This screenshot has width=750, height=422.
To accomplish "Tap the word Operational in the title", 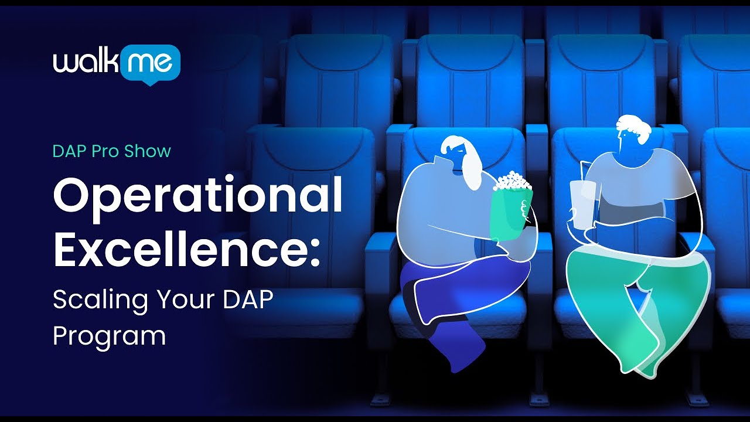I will click(x=197, y=197).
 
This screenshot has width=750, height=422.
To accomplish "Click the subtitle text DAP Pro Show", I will click(x=111, y=151).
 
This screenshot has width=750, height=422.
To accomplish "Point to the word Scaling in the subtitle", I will click(x=100, y=301).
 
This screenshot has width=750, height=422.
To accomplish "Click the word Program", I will click(x=109, y=336).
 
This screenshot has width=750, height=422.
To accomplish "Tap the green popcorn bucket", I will click(x=511, y=208).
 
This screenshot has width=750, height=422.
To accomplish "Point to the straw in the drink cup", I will click(x=582, y=171).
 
